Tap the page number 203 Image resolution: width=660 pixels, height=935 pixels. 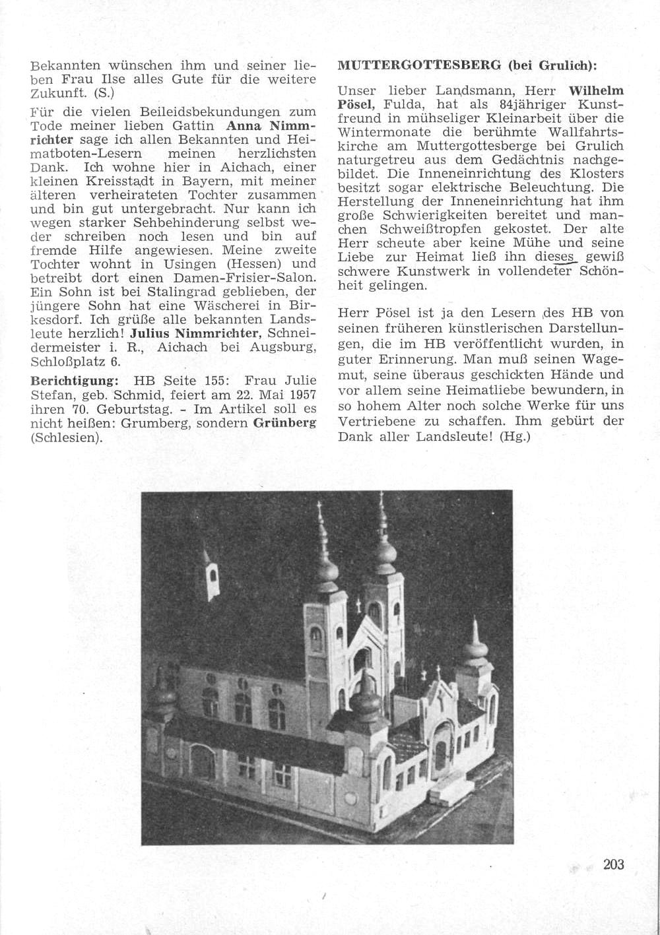pos(613,864)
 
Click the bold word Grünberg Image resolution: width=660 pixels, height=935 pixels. pos(284,423)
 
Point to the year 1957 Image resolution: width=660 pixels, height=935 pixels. pos(301,395)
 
